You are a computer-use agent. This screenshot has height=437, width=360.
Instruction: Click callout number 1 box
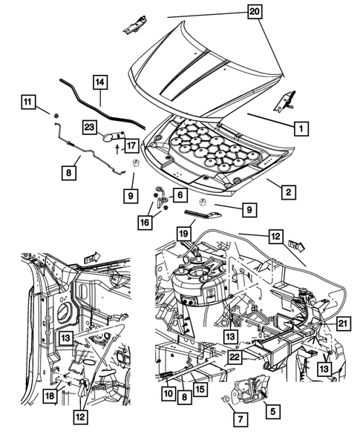301,128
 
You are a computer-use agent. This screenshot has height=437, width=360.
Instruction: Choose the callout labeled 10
168,393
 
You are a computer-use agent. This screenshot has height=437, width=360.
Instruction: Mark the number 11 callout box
27,101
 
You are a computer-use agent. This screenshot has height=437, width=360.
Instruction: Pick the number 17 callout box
132,145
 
